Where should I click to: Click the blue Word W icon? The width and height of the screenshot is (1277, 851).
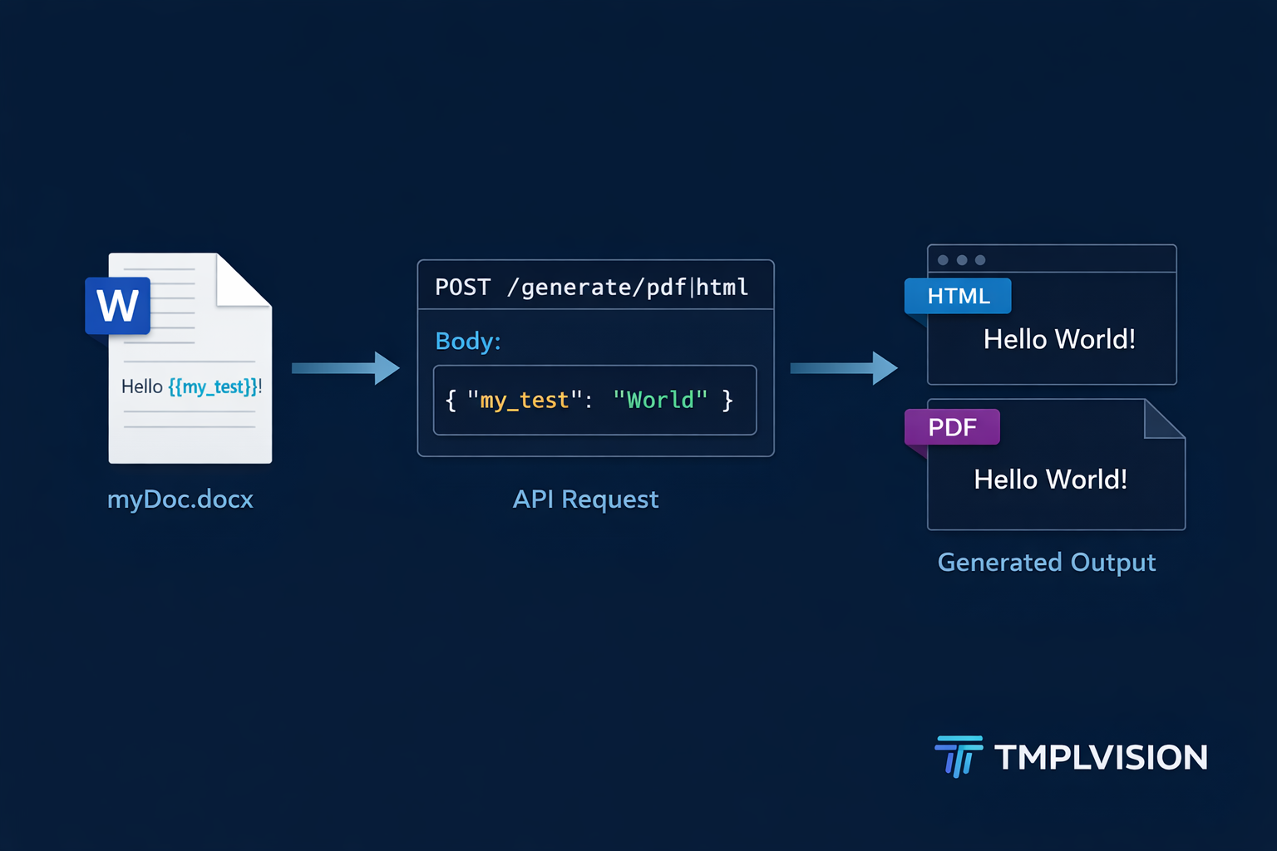coord(118,306)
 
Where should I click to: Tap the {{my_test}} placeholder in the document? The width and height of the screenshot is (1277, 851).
coord(214,386)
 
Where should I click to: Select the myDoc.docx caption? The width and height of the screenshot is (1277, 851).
coord(180,499)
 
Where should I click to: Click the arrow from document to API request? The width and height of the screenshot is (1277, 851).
coord(345,368)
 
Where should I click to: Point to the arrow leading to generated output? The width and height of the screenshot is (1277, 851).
coord(843,368)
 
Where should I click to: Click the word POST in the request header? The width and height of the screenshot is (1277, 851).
coord(462,288)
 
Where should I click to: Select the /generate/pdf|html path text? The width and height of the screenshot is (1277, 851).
coord(628,288)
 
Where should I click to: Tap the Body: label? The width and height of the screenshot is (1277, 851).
coord(468,341)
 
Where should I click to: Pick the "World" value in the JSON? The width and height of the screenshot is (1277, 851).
coord(660,401)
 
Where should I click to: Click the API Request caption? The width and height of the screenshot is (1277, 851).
coord(585,499)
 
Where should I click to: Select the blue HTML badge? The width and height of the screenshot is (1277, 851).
coord(959,297)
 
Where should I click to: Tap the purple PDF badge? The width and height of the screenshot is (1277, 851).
coord(953,427)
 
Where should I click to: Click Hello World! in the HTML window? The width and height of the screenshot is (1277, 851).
coord(1059,339)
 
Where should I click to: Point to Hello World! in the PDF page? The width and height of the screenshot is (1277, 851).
coord(1050,480)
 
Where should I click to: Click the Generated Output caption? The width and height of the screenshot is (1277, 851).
coord(1046,563)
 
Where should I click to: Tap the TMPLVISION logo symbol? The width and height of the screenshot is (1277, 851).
coord(959,756)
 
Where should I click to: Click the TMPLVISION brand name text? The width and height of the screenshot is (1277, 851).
coord(1101,758)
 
